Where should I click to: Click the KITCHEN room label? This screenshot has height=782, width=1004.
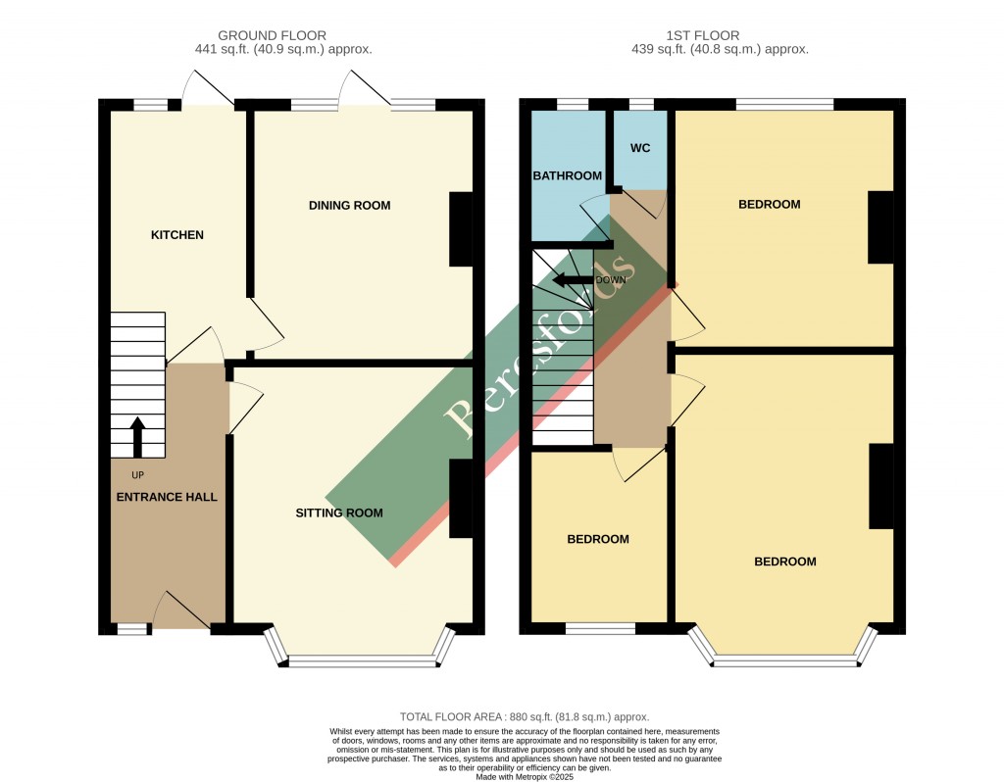176,235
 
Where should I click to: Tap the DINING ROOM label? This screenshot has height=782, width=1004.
349,206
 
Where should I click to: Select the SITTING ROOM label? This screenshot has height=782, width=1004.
339,513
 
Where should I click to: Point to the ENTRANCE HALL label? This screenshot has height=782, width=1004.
167,498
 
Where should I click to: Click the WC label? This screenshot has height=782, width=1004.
640,149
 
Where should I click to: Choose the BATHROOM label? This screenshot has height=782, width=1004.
567,176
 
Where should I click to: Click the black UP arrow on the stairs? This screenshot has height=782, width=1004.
137,437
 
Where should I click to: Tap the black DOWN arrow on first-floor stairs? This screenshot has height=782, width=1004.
571,280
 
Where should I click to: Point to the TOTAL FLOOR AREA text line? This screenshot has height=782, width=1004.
525,717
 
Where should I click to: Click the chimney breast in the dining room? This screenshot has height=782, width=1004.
461,229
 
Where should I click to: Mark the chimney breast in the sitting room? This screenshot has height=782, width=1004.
461,499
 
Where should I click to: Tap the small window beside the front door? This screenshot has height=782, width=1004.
132,629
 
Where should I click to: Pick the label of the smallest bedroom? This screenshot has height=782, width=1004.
598,540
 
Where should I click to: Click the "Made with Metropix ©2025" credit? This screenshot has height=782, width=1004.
525,777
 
